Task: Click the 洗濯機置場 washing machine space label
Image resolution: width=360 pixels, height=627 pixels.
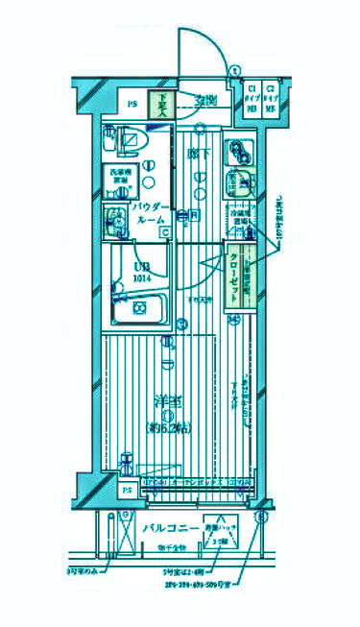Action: [121, 176]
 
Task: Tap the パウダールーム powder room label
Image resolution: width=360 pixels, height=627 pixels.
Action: [150, 213]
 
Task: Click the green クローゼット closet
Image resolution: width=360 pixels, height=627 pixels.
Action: [236, 276]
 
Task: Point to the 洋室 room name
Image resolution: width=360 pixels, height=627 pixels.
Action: [167, 401]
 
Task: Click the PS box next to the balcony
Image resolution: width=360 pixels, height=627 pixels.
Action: [127, 491]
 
